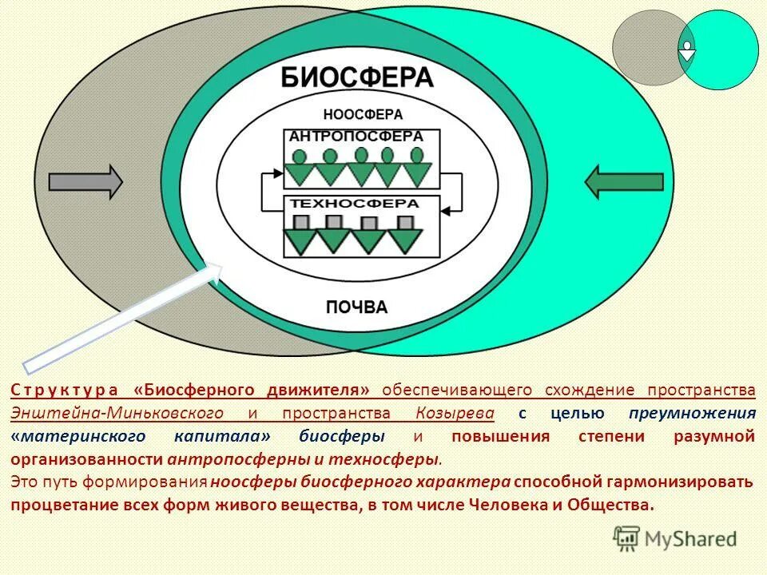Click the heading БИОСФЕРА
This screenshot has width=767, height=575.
[x=356, y=78]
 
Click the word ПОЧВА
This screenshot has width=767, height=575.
[x=356, y=307]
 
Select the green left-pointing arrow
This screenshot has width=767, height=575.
[x=624, y=182]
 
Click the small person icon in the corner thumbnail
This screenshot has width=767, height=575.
[x=687, y=50]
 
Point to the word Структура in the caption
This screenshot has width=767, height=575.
[x=65, y=390]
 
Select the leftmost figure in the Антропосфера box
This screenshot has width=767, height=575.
[x=299, y=167]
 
